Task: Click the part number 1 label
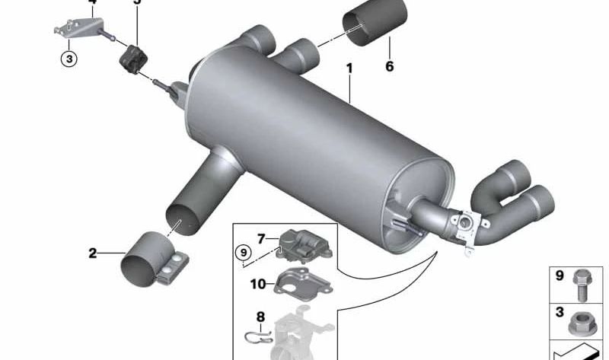coord(349,69)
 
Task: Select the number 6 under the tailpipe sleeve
coord(389,67)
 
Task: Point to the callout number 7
coord(260,239)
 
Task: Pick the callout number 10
coord(258,284)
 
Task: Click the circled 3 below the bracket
coord(69,58)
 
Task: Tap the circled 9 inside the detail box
coord(242,252)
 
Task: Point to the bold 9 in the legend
coord(559,276)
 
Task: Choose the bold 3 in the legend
coord(559,312)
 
